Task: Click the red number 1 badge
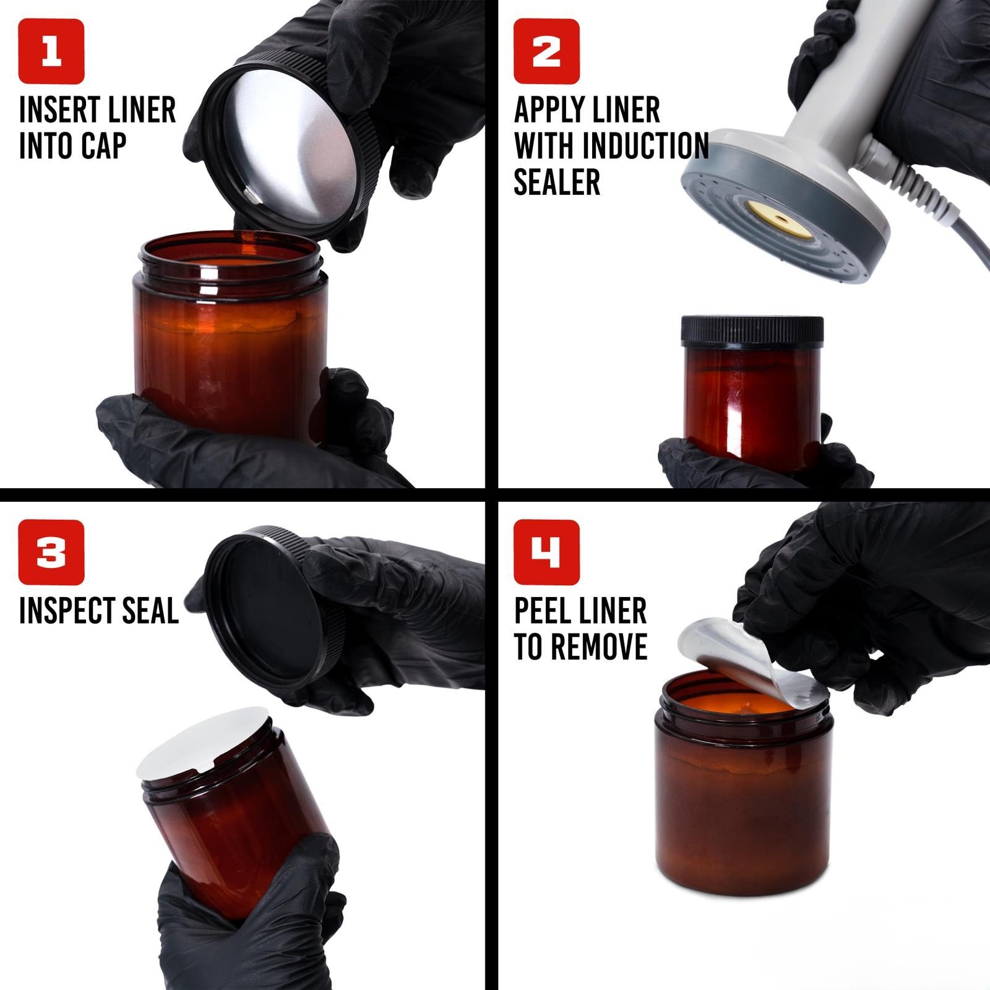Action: pos(51,51)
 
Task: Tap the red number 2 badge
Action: pos(546,51)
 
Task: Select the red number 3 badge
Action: pos(51,553)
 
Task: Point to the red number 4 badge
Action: pos(546,553)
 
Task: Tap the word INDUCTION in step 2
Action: pos(645,146)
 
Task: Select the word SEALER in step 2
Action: pos(557,182)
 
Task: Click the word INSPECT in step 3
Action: pos(62,611)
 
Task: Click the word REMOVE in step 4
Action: pos(598,647)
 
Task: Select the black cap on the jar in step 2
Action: pos(752,330)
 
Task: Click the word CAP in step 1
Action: pos(103,146)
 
